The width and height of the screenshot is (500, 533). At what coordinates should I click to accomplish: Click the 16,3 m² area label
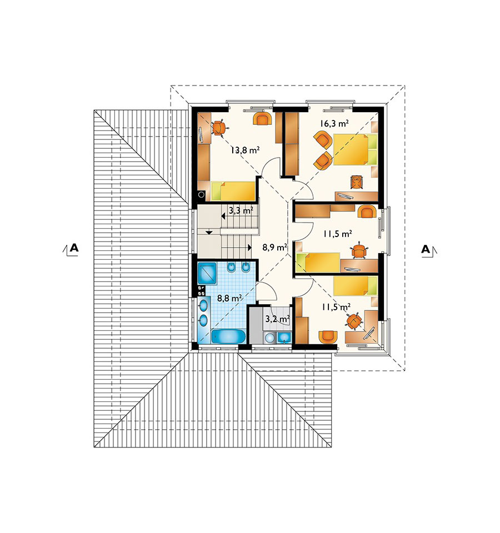(334, 123)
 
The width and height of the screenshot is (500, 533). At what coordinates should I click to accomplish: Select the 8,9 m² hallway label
(274, 247)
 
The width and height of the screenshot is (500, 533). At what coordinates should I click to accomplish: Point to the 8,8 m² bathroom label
(229, 299)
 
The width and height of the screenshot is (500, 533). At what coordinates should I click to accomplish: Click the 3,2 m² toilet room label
(277, 319)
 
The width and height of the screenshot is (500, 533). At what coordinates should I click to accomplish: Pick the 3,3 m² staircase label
(241, 210)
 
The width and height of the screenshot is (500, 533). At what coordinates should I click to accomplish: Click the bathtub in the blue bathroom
(228, 336)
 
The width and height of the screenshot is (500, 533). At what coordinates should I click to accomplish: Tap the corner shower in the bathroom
(207, 273)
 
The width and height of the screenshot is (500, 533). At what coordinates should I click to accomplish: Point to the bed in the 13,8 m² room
(233, 191)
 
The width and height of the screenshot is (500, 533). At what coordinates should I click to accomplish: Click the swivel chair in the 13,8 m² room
(219, 128)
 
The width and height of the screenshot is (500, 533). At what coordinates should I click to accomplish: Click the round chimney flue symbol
(201, 195)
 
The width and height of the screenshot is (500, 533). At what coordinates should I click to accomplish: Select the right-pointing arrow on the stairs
(249, 248)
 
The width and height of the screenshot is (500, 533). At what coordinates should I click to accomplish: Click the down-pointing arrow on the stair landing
(209, 232)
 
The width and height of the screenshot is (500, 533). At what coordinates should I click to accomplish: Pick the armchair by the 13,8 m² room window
(262, 119)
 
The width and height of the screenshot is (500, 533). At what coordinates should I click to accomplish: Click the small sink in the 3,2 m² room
(284, 338)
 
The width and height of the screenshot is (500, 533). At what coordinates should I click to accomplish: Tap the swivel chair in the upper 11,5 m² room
(359, 251)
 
